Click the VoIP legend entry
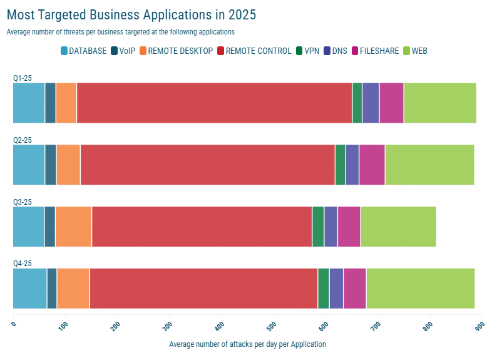tap(123, 51)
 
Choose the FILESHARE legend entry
tap(375, 51)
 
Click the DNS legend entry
tap(335, 51)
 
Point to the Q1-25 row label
tap(23, 78)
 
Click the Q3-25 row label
tap(23, 202)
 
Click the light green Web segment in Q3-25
tap(398, 227)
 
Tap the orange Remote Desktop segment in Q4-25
tap(73, 289)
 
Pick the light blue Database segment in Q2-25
tap(29, 165)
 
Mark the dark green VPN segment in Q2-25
tap(340, 165)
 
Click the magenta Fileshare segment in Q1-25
tap(391, 103)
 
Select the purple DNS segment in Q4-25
tap(336, 289)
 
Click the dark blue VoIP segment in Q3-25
tap(49, 227)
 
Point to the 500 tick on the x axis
tap(272, 325)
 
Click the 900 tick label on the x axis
tap(479, 325)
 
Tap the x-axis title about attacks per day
tap(247, 344)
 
